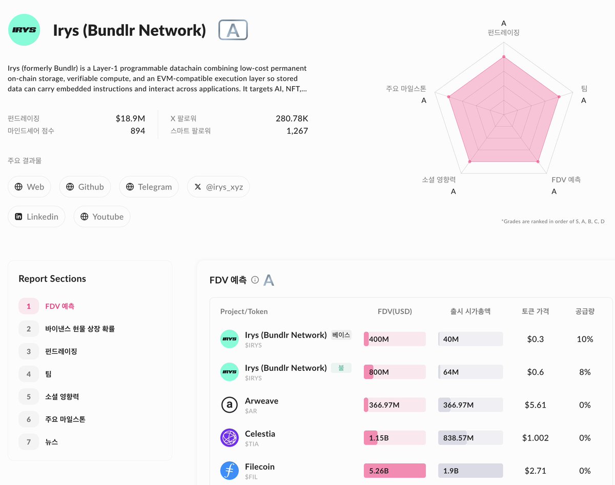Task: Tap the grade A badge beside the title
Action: tap(233, 30)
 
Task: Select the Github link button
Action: tap(85, 187)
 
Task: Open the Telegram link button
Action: tap(149, 187)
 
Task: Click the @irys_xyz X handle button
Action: tap(218, 187)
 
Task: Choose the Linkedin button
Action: tap(36, 217)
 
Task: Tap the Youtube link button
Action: tap(102, 217)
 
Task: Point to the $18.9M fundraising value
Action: tap(130, 118)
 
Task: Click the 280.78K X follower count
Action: tap(292, 118)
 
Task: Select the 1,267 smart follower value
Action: tap(297, 131)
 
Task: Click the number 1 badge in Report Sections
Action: tap(29, 306)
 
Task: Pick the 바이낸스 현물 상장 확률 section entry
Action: tap(79, 329)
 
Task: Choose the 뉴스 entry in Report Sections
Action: tap(51, 441)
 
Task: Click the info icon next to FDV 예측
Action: tap(255, 280)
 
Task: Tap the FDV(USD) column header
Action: tap(395, 311)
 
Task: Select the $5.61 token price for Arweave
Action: tap(535, 405)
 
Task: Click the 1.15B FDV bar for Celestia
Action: tap(395, 438)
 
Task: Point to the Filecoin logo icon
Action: tap(229, 471)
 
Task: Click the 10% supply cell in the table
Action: tap(585, 339)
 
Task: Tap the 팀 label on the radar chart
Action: tap(584, 89)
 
